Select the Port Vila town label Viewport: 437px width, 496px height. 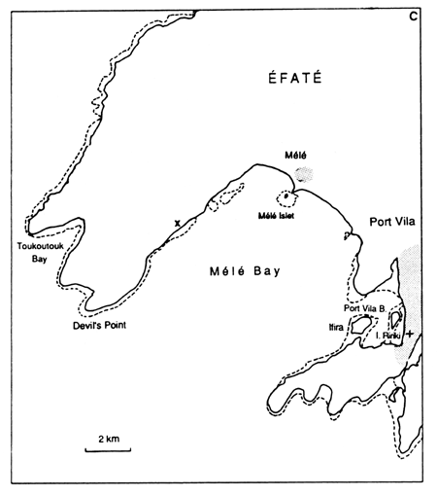pyautogui.click(x=391, y=222)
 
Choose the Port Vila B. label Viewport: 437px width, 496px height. pyautogui.click(x=364, y=308)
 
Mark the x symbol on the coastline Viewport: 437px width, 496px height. pyautogui.click(x=176, y=224)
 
